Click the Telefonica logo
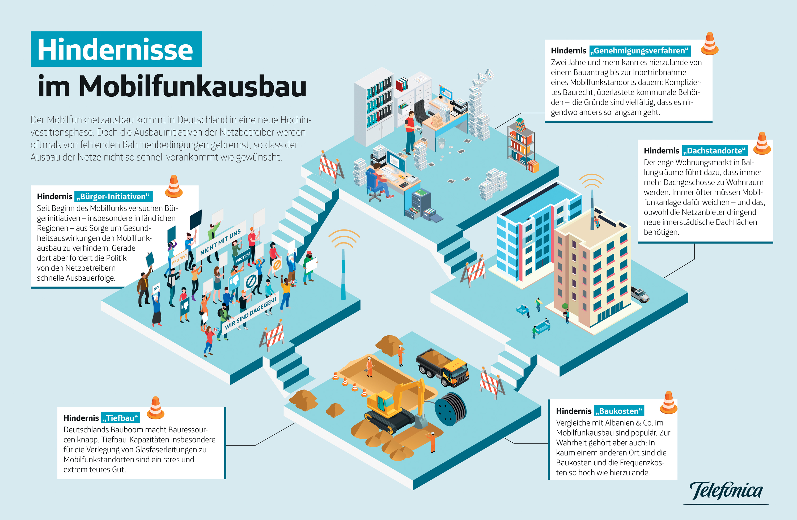click(x=726, y=491)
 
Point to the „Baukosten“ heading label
click(x=619, y=411)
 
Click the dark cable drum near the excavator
click(x=450, y=409)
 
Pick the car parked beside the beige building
click(x=640, y=294)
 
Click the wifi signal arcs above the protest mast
click(x=344, y=238)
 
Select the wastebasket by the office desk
click(x=441, y=144)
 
